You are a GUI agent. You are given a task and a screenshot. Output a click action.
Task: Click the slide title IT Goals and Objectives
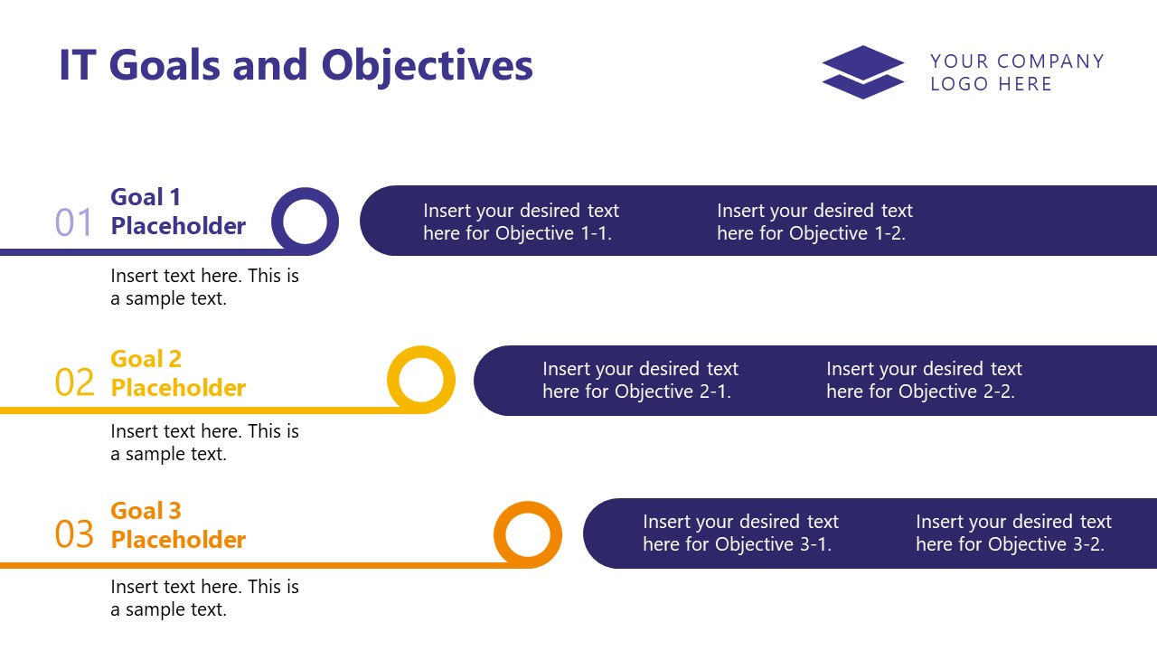[x=296, y=66]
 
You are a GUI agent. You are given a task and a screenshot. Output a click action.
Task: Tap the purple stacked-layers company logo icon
[x=862, y=72]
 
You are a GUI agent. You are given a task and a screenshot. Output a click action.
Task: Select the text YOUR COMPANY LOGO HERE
[x=1016, y=72]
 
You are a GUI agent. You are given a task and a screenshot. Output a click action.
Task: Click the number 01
[x=74, y=222]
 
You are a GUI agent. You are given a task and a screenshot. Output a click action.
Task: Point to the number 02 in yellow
[x=74, y=382]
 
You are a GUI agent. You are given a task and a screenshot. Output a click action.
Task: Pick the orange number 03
[x=74, y=534]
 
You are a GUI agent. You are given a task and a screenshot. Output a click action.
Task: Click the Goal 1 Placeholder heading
[x=178, y=212]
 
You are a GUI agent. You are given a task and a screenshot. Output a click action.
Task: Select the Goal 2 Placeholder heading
[x=178, y=373]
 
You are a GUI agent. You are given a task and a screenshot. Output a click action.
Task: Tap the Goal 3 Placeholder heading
[x=178, y=525]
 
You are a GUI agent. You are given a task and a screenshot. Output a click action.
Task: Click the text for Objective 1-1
[x=521, y=222]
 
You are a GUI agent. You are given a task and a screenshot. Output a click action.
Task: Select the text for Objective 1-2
[x=814, y=222]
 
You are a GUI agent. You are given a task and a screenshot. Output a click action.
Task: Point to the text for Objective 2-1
[x=640, y=380]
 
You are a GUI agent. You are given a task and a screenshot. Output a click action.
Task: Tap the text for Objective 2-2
[x=924, y=380]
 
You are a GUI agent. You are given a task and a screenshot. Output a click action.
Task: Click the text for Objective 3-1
[x=740, y=533]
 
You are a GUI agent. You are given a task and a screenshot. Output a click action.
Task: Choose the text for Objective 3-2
[x=1013, y=533]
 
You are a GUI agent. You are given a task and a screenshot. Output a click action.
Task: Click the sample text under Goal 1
[x=204, y=287]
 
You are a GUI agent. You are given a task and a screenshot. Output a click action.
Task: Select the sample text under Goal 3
[x=204, y=598]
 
